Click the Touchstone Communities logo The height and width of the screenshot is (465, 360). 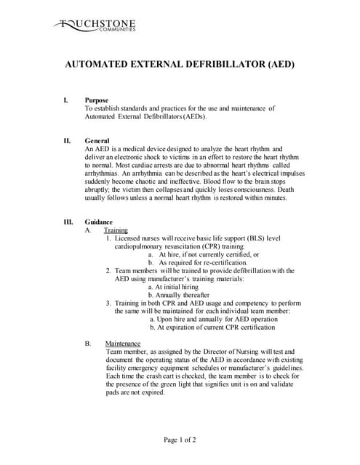click(94, 28)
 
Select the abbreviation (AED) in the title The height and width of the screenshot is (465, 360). click(281, 64)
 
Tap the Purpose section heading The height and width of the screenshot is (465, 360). click(97, 100)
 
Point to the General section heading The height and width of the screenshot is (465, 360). click(97, 140)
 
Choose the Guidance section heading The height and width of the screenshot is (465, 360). click(99, 222)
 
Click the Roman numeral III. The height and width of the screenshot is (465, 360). click(68, 222)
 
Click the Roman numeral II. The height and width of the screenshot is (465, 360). click(67, 140)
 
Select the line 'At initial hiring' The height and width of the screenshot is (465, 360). click(175, 286)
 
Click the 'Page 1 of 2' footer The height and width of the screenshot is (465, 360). click(180, 440)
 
